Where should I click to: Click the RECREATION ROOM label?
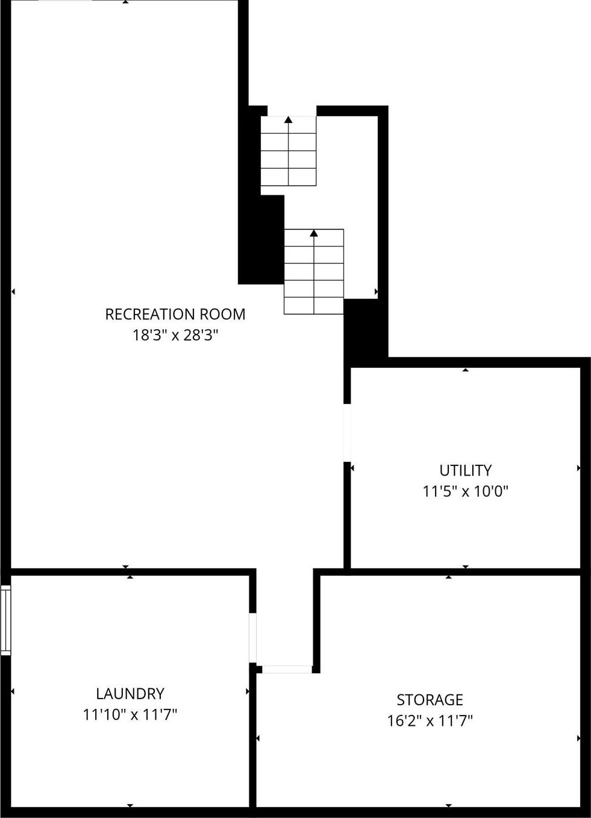pyautogui.click(x=175, y=314)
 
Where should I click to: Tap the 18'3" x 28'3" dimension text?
pyautogui.click(x=175, y=335)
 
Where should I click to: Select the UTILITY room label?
pyautogui.click(x=465, y=470)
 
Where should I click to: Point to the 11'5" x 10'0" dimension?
pyautogui.click(x=465, y=491)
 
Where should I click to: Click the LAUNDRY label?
pyautogui.click(x=130, y=693)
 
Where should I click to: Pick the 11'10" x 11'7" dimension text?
pyautogui.click(x=130, y=715)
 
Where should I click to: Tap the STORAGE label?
pyautogui.click(x=430, y=700)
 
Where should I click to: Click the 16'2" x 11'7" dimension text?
pyautogui.click(x=430, y=721)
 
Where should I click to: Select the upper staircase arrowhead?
pyautogui.click(x=289, y=120)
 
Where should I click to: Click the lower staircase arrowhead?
pyautogui.click(x=314, y=233)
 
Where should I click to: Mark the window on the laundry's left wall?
pyautogui.click(x=5, y=620)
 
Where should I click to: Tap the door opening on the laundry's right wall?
pyautogui.click(x=253, y=638)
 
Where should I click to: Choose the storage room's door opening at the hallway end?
pyautogui.click(x=287, y=669)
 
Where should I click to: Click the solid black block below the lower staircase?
pyautogui.click(x=365, y=330)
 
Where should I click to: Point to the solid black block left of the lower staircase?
pyautogui.click(x=261, y=241)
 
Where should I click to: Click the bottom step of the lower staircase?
pyautogui.click(x=314, y=306)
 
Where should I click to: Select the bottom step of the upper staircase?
pyautogui.click(x=288, y=177)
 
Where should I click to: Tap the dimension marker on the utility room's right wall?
pyautogui.click(x=578, y=468)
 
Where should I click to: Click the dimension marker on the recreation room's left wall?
pyautogui.click(x=13, y=292)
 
